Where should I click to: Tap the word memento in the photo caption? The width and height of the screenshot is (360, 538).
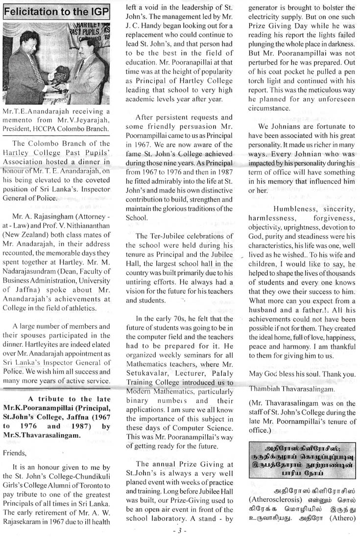20,121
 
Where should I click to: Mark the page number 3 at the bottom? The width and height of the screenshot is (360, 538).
180,531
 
